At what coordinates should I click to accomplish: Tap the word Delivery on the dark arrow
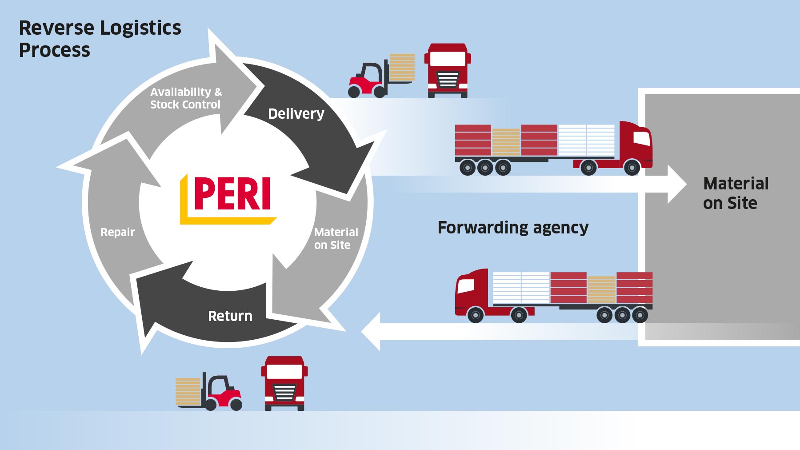click(296, 114)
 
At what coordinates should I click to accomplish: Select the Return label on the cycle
click(230, 316)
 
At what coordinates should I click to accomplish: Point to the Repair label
click(118, 232)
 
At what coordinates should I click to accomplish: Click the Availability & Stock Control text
click(186, 98)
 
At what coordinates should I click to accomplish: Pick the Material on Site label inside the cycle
click(336, 238)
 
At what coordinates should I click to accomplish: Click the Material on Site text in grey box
click(736, 193)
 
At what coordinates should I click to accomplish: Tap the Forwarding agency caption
click(513, 228)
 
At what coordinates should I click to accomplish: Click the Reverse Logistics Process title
click(100, 39)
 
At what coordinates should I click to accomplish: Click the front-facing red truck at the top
click(448, 70)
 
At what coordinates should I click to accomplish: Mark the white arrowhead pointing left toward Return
click(372, 332)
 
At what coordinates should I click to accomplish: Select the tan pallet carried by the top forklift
click(402, 67)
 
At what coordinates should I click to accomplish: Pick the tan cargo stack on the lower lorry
click(601, 289)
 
